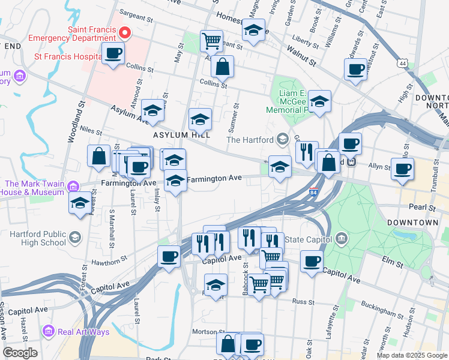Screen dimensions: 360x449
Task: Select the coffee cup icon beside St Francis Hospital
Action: pyautogui.click(x=113, y=54)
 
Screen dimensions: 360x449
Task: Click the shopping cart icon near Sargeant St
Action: pyautogui.click(x=211, y=41)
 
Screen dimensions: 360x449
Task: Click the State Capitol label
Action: pyautogui.click(x=306, y=240)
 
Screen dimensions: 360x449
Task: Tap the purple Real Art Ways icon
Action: pyautogui.click(x=48, y=331)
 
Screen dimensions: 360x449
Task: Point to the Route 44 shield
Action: pyautogui.click(x=401, y=63)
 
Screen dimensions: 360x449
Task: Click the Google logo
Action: pyautogui.click(x=20, y=353)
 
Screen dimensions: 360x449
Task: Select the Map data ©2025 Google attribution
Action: pyautogui.click(x=412, y=355)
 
